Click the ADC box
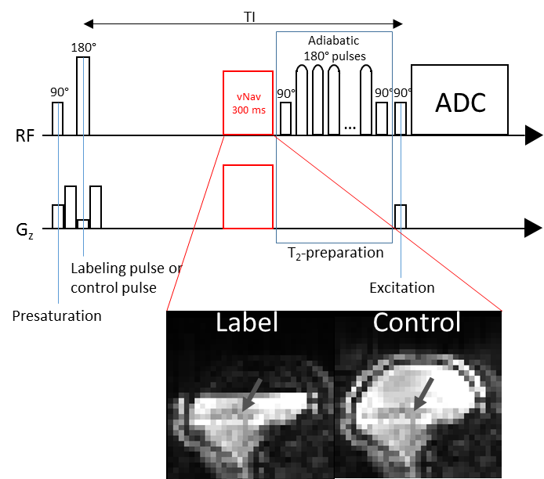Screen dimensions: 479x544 460,100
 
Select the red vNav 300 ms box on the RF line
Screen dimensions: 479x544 248,103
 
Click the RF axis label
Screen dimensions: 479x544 24,136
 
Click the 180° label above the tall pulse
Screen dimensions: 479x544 83,47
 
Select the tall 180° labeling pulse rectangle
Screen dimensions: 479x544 83,96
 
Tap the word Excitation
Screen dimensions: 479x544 401,288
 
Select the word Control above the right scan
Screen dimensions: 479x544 416,323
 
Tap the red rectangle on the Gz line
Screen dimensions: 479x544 248,196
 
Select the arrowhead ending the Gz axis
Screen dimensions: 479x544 533,229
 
